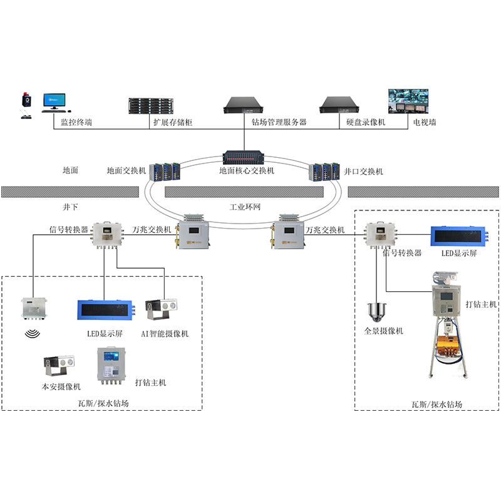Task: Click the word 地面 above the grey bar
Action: (x=71, y=170)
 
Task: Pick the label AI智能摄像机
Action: (x=165, y=334)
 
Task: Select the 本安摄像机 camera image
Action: (x=59, y=366)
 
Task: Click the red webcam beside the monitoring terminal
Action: (x=26, y=100)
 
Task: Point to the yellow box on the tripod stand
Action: (x=449, y=347)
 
